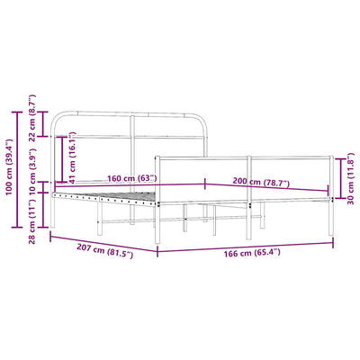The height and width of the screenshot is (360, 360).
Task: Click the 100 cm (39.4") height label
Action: tap(9, 166)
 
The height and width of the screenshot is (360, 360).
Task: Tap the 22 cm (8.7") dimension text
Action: tap(32, 118)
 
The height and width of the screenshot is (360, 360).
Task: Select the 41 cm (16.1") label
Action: tap(72, 157)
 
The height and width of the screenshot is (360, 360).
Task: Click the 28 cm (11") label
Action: tap(32, 221)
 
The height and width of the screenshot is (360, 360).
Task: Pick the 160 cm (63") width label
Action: tap(132, 178)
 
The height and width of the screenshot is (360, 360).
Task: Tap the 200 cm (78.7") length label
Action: tap(261, 182)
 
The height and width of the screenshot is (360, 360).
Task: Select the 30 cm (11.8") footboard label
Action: tap(350, 178)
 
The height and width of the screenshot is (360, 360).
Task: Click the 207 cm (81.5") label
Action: tap(104, 251)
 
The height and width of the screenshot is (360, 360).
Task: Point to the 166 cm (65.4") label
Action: tap(252, 253)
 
